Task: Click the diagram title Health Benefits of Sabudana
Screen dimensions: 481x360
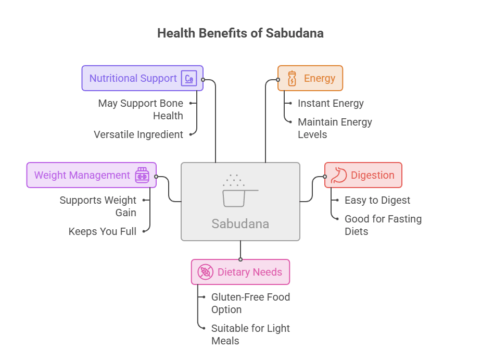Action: click(240, 33)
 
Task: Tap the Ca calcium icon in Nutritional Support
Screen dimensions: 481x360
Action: click(189, 78)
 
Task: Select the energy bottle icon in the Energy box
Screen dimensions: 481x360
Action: click(292, 78)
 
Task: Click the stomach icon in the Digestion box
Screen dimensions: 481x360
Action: click(339, 175)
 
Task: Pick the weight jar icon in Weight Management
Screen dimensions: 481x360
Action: click(142, 175)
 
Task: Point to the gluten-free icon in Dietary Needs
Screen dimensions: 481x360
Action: click(205, 272)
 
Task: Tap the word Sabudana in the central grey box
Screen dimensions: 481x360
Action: click(240, 224)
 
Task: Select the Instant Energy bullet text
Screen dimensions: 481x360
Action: click(331, 104)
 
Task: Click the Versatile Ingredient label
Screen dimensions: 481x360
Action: click(138, 134)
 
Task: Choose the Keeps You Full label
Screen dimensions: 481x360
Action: click(103, 231)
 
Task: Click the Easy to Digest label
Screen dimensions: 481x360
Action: click(377, 201)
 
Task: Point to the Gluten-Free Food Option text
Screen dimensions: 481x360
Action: click(250, 303)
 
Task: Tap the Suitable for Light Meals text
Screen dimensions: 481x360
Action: click(250, 334)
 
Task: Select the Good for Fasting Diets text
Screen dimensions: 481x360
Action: click(383, 225)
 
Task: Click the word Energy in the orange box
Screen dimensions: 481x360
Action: click(320, 78)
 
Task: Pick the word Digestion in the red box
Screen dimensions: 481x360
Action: click(373, 175)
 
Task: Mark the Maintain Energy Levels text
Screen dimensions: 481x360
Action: click(335, 128)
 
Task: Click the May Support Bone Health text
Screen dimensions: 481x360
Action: click(141, 109)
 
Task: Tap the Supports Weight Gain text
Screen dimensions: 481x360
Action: click(98, 206)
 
